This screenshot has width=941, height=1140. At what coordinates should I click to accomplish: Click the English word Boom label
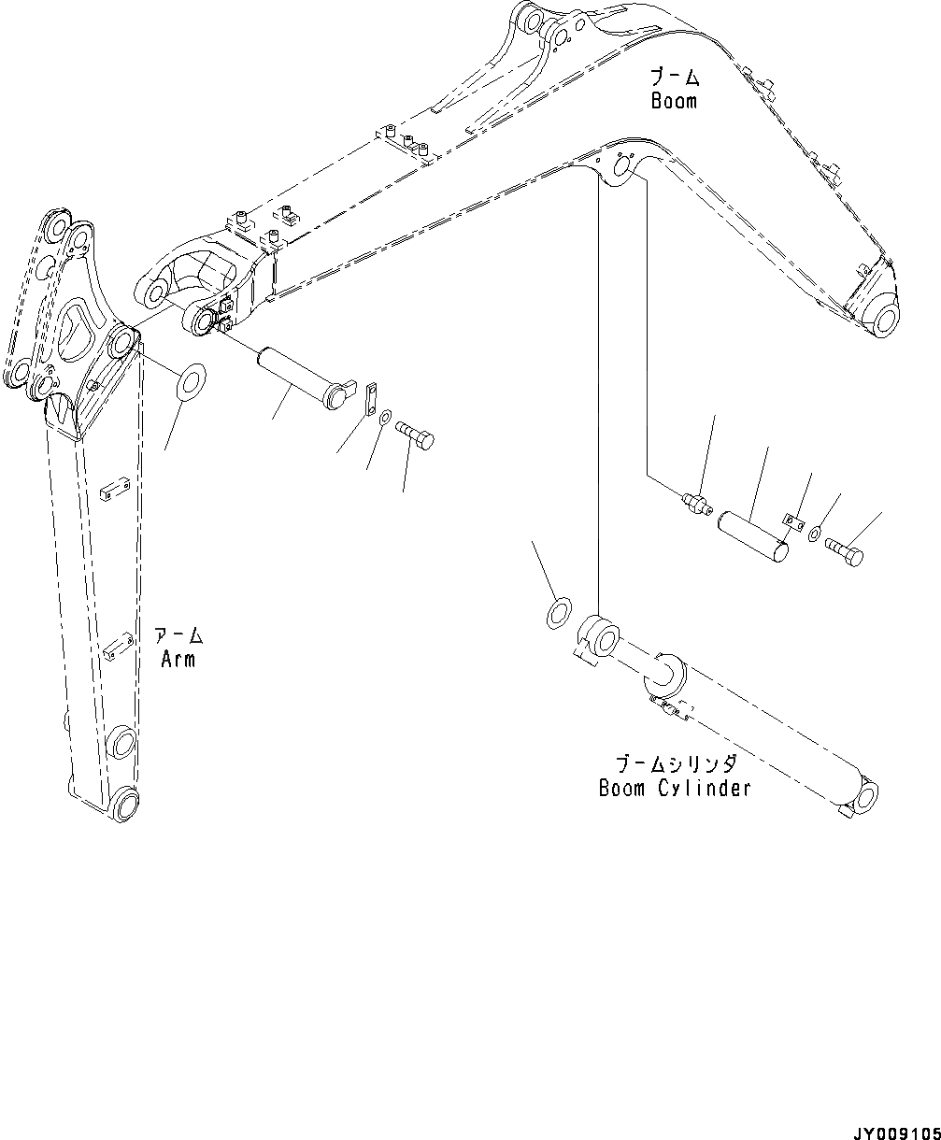[x=674, y=100]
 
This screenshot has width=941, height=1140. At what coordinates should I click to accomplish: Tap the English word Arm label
[x=178, y=659]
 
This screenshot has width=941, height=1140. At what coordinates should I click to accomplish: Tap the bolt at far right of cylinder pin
[x=845, y=552]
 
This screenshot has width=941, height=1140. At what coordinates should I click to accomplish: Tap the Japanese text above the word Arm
[x=178, y=636]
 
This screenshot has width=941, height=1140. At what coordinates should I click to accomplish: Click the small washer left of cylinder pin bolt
[x=815, y=533]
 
